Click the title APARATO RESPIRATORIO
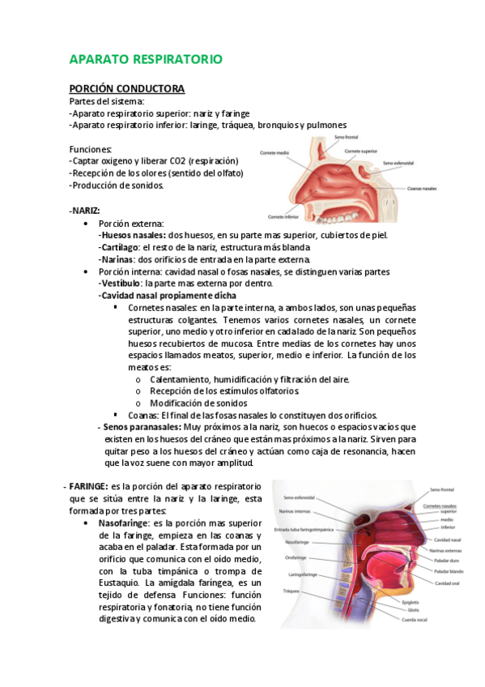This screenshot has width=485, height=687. coord(146,60)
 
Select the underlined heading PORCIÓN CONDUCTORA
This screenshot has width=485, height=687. coord(126,88)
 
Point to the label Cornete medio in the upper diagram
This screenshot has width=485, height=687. coord(275,151)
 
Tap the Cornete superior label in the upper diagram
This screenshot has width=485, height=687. coord(361,151)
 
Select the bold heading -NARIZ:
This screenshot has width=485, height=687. coord(85,210)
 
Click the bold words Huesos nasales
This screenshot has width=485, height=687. coord(130,235)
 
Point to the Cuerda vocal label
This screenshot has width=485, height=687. coord(415,620)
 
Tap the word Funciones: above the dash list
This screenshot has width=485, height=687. coord(91,149)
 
